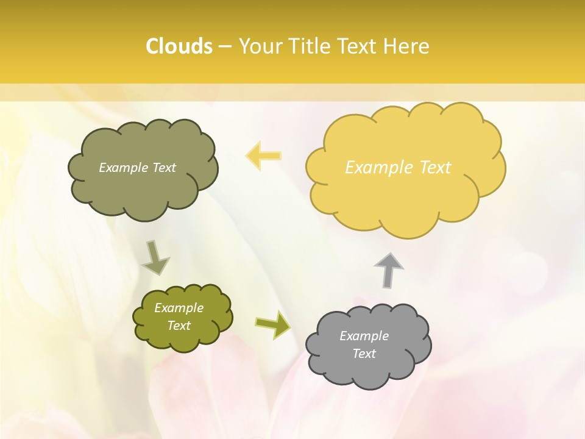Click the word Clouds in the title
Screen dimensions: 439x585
pos(179,46)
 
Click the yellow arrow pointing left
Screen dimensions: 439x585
pos(263,155)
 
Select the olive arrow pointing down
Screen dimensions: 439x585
pos(155,258)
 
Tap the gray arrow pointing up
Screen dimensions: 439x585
pos(389,270)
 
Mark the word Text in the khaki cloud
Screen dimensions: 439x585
pos(164,168)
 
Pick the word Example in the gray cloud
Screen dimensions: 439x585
pos(364,336)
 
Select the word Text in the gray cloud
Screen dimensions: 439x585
pos(364,354)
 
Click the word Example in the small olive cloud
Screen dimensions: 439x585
pos(179,308)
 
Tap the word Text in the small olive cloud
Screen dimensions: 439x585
pos(179,326)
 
